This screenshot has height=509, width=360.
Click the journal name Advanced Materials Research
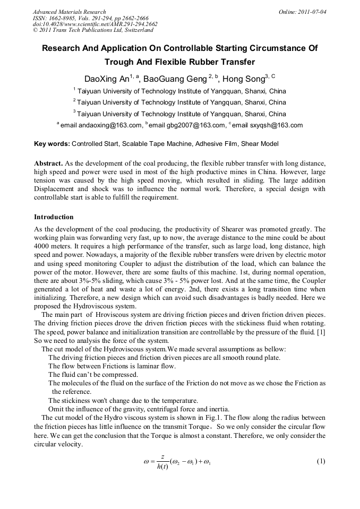coord(69,12)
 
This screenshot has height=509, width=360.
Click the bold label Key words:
coord(52,144)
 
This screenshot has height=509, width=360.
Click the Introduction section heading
coord(54,217)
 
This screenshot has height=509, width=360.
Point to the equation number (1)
coord(321,461)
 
